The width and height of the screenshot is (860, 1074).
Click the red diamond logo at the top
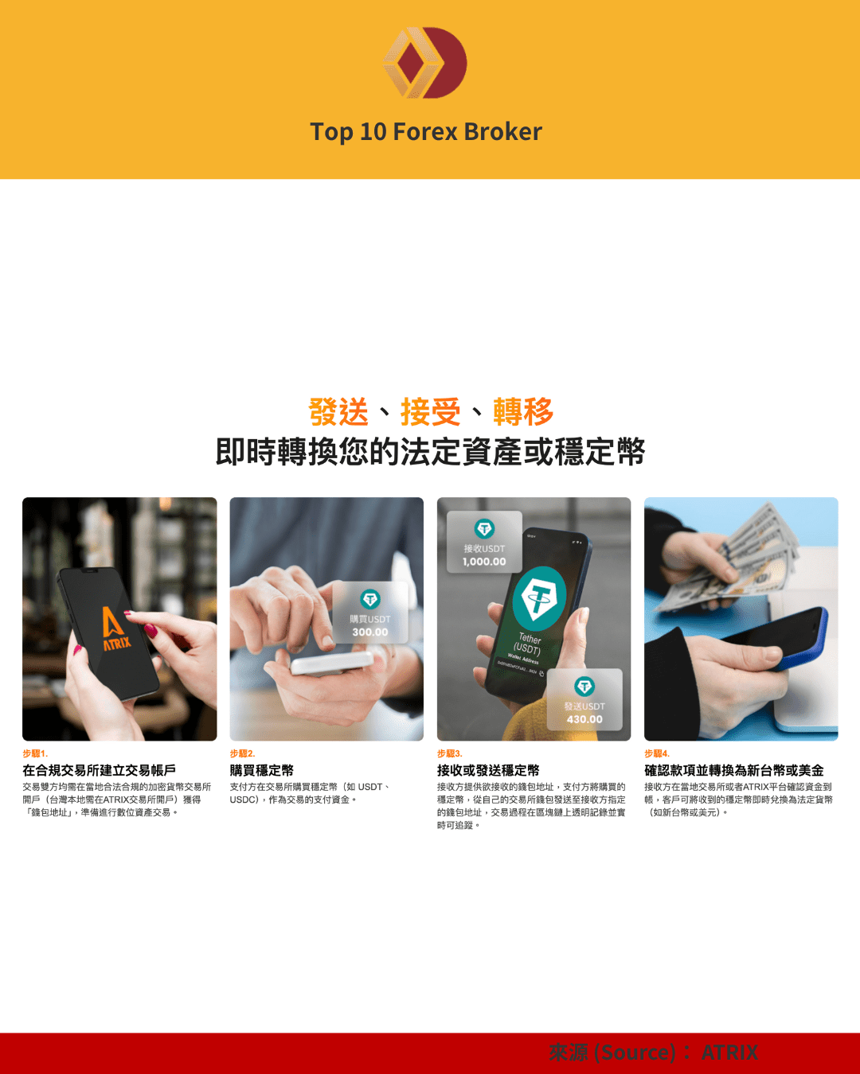point(424,63)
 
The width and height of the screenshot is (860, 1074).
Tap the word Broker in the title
point(502,131)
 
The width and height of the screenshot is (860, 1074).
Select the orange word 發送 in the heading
point(338,412)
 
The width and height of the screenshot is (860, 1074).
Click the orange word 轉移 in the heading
point(522,412)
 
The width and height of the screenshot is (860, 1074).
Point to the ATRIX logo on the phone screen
point(115,628)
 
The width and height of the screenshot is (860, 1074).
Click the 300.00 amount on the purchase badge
point(370,632)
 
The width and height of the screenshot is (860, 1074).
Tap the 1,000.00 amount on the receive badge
point(484,562)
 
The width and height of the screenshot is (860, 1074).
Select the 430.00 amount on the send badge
point(584,719)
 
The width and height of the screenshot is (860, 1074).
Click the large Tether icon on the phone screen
point(539,598)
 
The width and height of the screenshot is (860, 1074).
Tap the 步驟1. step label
point(35,753)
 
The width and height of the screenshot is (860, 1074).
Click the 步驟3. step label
point(449,753)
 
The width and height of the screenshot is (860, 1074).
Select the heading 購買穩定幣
point(261,770)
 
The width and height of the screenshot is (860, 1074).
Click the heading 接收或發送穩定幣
point(488,770)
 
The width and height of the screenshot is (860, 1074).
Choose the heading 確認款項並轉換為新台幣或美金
point(733,770)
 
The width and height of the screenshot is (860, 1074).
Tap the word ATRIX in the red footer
point(729,1053)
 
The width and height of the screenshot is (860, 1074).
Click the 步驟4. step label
point(657,753)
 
